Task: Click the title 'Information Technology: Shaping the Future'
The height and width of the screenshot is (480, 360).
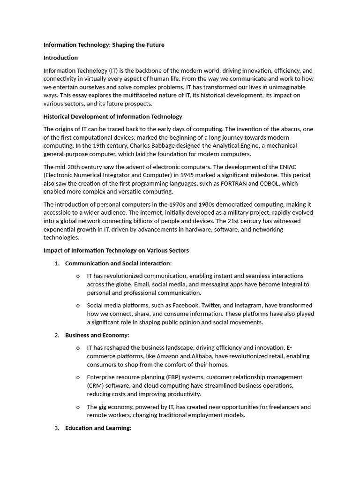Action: [x=104, y=45]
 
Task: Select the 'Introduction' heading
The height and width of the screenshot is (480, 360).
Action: [x=60, y=58]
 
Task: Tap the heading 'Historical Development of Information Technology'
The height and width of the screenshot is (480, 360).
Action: [x=112, y=117]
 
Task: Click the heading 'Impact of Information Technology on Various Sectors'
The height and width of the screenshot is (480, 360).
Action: [x=116, y=250]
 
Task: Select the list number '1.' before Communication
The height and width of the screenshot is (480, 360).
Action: [x=57, y=263]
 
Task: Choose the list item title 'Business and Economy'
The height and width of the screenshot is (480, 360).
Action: [x=96, y=335]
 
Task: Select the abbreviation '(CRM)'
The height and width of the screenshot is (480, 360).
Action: [x=96, y=386]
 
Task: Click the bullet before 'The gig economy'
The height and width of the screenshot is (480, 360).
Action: [x=78, y=407]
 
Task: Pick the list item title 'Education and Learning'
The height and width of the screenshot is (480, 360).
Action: [x=97, y=428]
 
